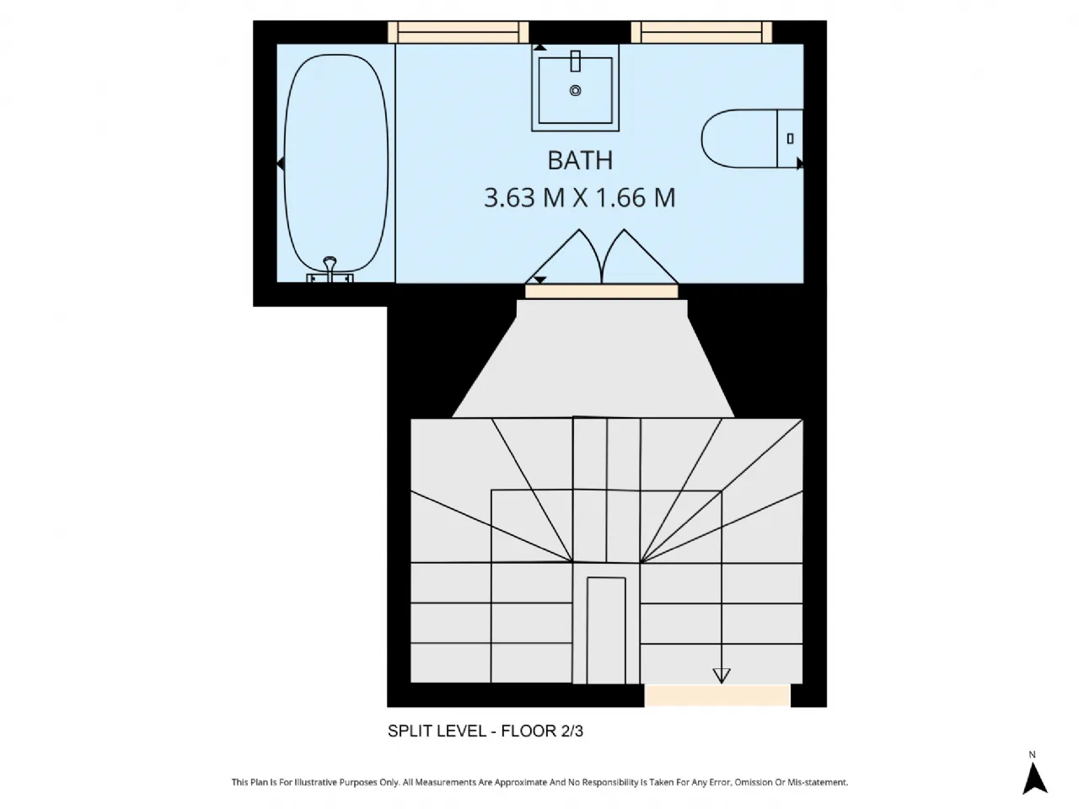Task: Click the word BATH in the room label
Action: click(x=580, y=160)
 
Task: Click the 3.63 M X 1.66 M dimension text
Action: click(x=580, y=198)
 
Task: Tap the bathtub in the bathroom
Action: click(x=336, y=160)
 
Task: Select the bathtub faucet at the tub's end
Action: click(x=330, y=269)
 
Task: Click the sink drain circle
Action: click(x=576, y=90)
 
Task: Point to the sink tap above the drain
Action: click(x=576, y=62)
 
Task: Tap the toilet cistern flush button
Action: click(x=790, y=138)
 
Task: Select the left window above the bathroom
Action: click(x=458, y=32)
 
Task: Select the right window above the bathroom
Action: click(x=701, y=32)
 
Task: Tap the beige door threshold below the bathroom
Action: click(x=601, y=292)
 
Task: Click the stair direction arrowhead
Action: click(x=721, y=676)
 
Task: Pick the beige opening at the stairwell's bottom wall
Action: click(x=717, y=695)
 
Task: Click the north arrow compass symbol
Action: click(x=1034, y=777)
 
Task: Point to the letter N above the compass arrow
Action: click(x=1033, y=754)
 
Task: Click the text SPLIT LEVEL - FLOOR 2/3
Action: click(x=485, y=731)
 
